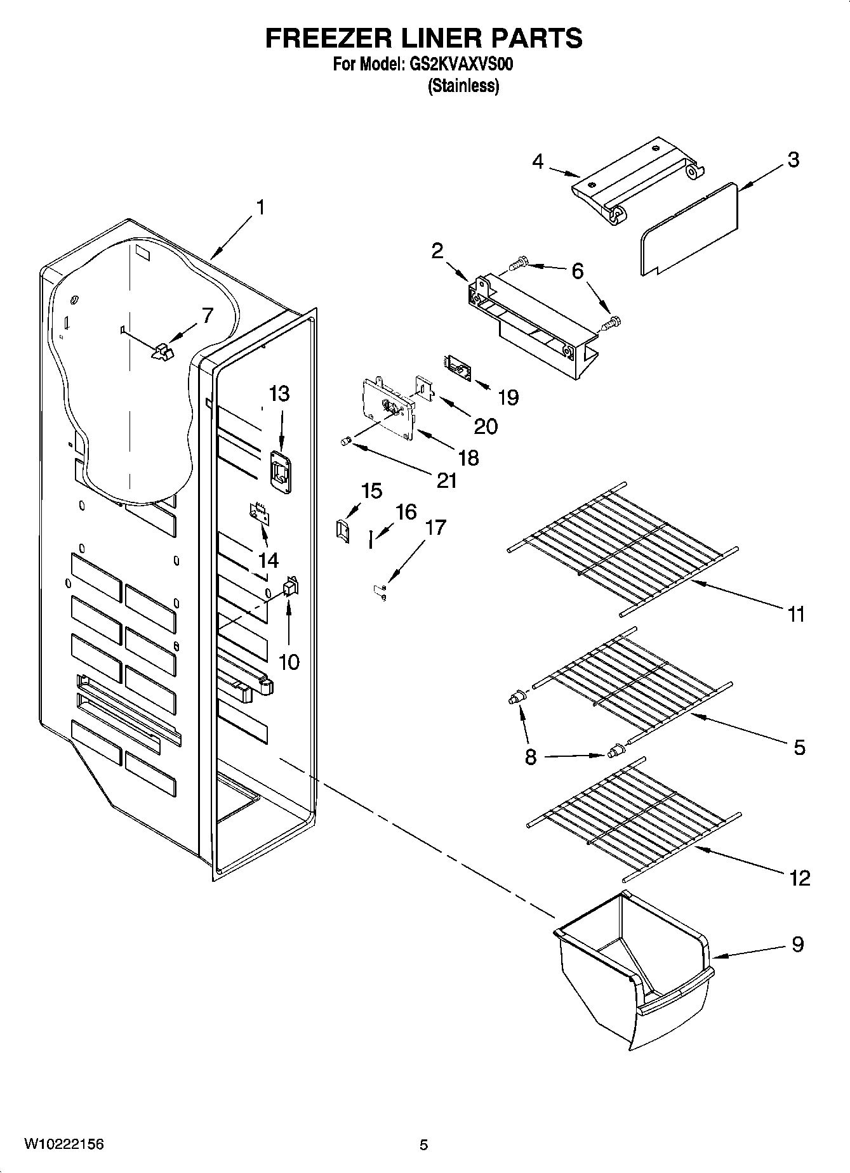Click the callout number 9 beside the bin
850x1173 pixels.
(x=797, y=945)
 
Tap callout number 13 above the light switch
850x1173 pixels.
(x=279, y=394)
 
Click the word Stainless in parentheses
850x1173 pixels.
(x=463, y=86)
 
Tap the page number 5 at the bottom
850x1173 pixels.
(x=424, y=1145)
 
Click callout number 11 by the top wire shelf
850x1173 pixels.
(x=796, y=614)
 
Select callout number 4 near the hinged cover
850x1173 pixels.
(x=538, y=162)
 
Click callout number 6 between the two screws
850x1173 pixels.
(x=577, y=272)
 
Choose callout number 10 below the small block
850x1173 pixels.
(x=289, y=662)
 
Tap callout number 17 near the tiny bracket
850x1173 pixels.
(x=435, y=527)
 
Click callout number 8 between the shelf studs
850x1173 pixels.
(x=531, y=756)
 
